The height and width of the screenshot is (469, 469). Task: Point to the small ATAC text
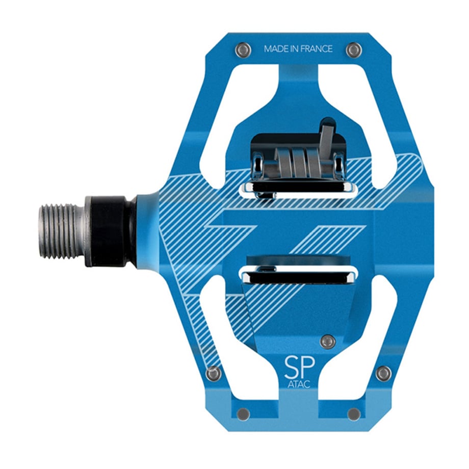click(299, 384)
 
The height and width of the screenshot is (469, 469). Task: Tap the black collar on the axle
click(110, 231)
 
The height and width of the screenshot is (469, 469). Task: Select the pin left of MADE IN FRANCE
click(243, 49)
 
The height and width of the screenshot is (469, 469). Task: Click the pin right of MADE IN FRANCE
click(354, 49)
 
